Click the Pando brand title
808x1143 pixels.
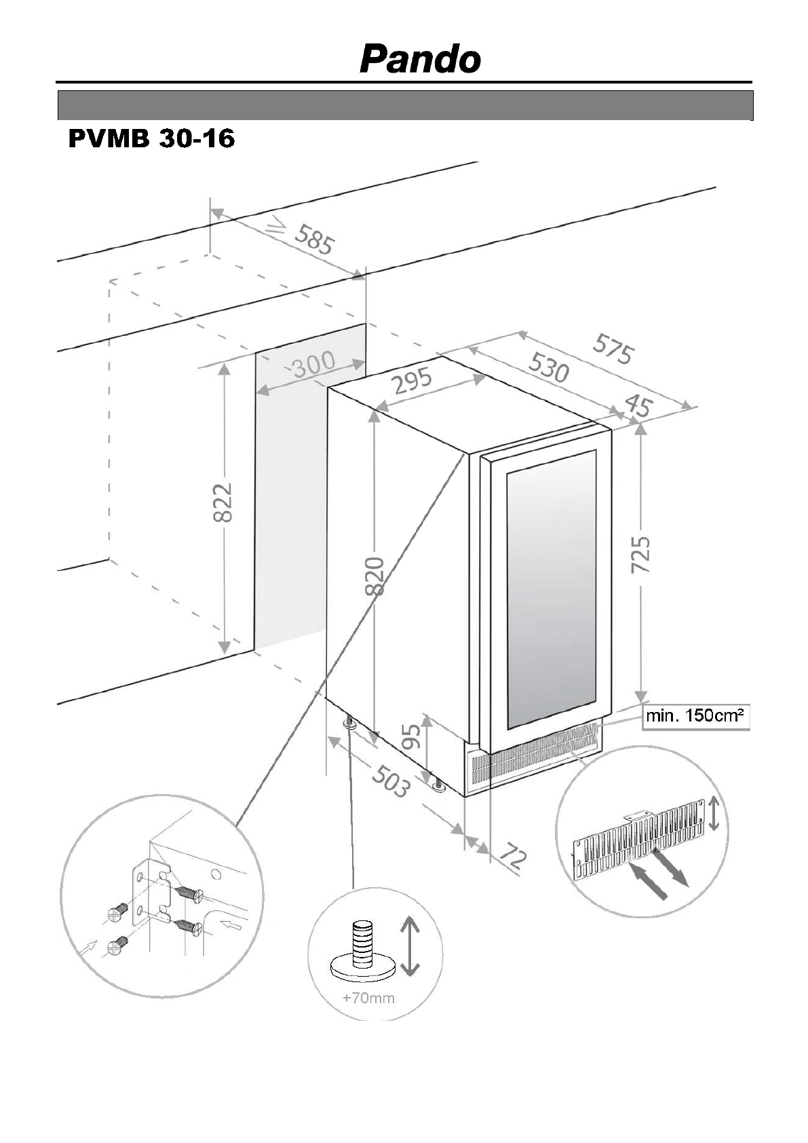[420, 60]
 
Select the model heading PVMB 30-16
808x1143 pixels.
[151, 139]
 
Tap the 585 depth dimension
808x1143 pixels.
[313, 240]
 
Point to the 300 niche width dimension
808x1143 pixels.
[313, 364]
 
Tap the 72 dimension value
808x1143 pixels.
[513, 858]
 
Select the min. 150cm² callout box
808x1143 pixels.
[695, 716]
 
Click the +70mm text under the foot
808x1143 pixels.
[368, 998]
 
